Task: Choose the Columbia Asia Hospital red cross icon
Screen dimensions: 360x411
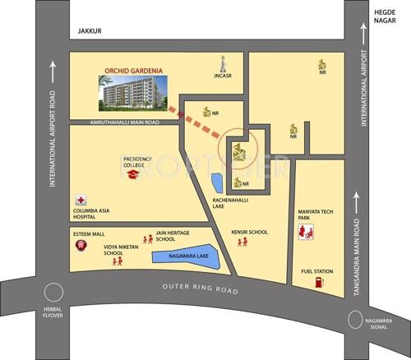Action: (81, 200)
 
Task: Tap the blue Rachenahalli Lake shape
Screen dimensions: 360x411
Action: (217, 182)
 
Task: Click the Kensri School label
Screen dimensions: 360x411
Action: (250, 232)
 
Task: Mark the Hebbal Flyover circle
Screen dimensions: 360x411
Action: (53, 292)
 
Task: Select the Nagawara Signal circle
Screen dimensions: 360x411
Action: (354, 319)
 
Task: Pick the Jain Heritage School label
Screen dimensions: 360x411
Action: (173, 235)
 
